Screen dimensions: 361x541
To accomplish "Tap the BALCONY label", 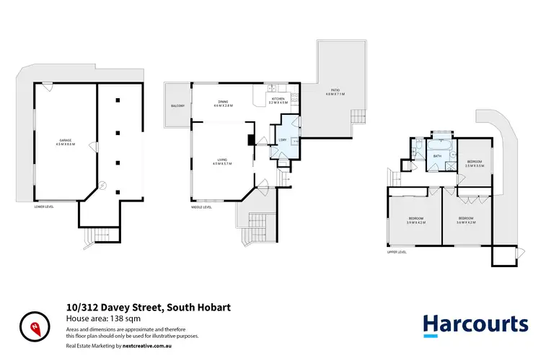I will tap(177, 107).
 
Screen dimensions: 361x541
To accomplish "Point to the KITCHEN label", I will tap(278, 100).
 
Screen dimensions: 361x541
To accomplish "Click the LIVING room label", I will tap(222, 162).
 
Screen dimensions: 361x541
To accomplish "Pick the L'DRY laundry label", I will tap(283, 139).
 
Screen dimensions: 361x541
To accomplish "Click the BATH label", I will tap(437, 155).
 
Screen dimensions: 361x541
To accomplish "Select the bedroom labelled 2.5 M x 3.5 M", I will tap(474, 164).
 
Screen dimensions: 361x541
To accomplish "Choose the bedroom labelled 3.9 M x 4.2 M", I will tap(416, 219).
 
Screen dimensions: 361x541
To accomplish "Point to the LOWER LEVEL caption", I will tap(45, 206).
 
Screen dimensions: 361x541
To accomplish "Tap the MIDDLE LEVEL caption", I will tap(201, 207).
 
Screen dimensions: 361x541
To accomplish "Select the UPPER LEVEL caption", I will tap(397, 252).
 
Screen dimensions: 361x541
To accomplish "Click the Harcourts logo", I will tap(475, 323).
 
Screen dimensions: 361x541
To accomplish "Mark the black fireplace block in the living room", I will tap(250, 141).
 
